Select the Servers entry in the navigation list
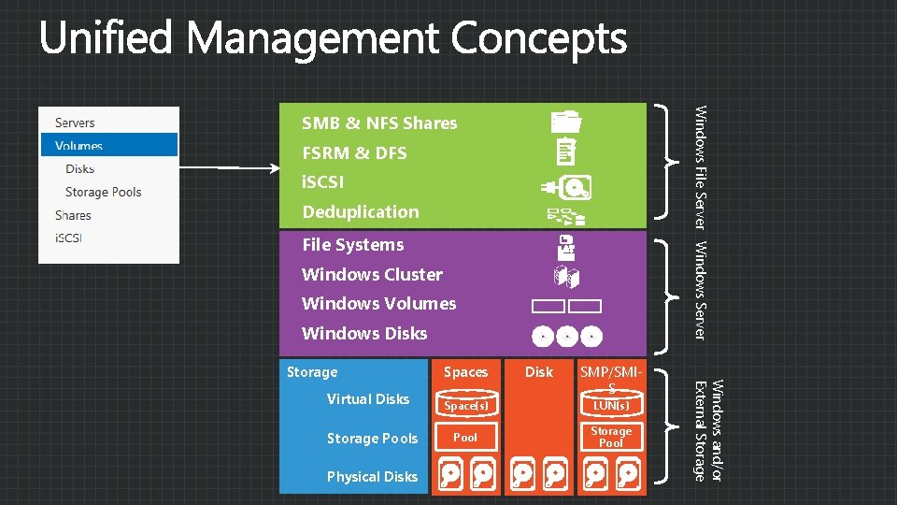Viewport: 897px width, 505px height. (75, 123)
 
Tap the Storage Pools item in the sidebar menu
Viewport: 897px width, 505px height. (103, 192)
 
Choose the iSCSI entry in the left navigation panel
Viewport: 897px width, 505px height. (68, 238)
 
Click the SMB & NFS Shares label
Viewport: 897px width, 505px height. (379, 123)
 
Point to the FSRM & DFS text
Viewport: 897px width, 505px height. (354, 152)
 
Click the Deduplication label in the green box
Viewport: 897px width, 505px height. (361, 211)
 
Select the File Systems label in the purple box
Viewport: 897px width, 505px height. (353, 245)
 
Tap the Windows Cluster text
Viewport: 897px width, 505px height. (372, 274)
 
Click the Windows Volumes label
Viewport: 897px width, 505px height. (379, 303)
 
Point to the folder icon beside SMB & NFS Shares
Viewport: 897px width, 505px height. (565, 121)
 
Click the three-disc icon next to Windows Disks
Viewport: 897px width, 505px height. (566, 336)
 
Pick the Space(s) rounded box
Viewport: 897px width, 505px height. (465, 406)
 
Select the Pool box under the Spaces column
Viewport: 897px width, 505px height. (465, 438)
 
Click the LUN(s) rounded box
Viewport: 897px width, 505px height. (611, 406)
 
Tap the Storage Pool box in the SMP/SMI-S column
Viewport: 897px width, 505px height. (611, 438)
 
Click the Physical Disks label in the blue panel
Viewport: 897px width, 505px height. (372, 477)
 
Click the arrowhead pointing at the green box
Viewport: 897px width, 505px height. (276, 168)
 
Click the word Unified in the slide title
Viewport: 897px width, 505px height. (107, 39)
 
